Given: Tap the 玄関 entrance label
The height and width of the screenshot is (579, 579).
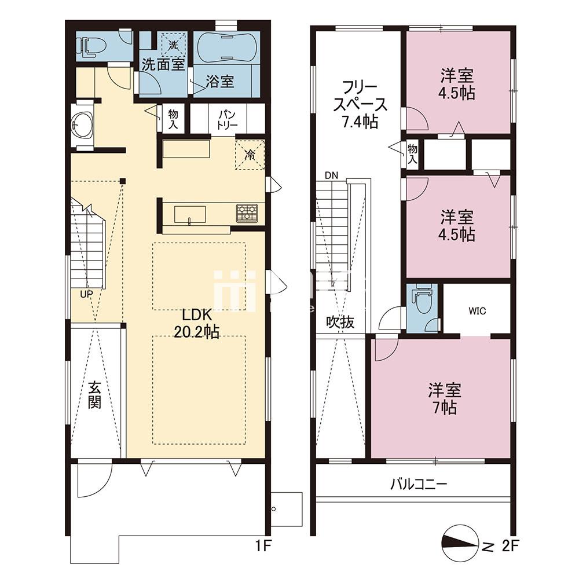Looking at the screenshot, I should click(95, 394).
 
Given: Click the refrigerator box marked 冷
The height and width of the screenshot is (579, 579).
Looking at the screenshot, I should click(250, 155).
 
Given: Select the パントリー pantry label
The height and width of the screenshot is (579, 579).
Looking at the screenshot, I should click(229, 119).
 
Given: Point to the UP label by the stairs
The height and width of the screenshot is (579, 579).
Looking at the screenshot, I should click(86, 294).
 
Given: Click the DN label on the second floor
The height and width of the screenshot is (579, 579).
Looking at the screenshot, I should click(331, 175).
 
